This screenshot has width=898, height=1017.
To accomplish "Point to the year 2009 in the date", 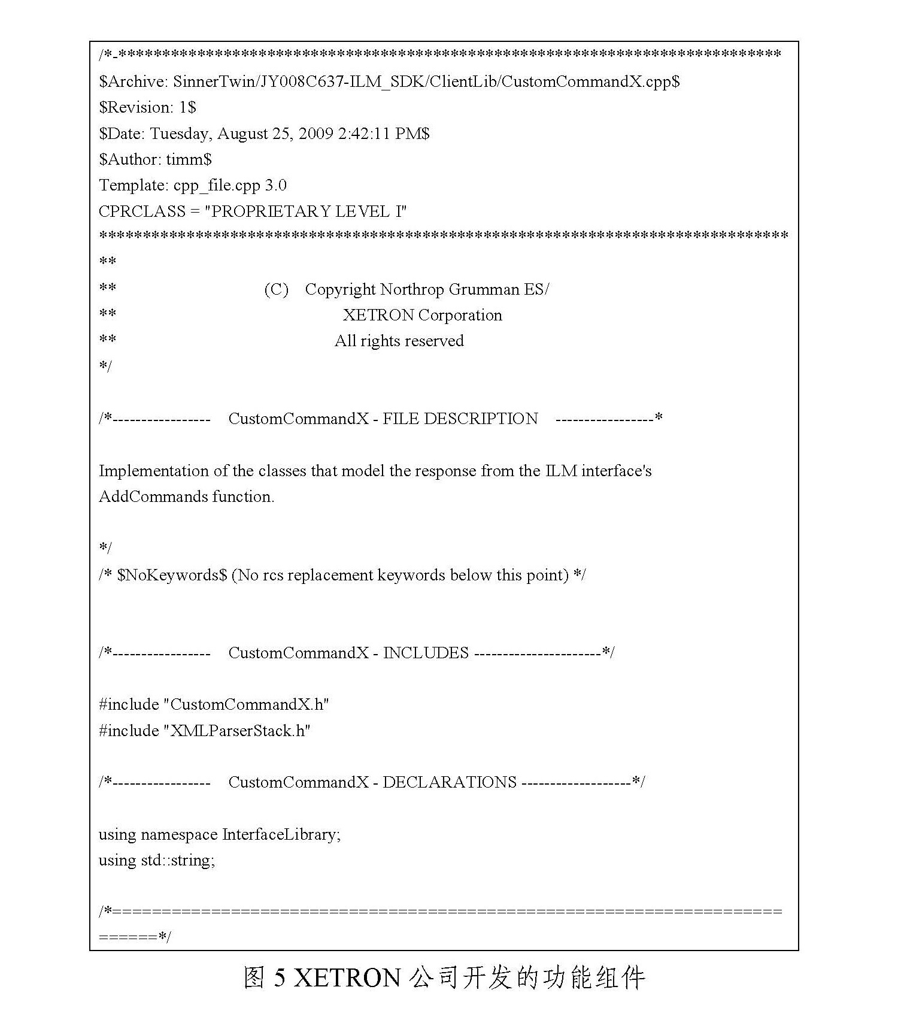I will click(315, 134).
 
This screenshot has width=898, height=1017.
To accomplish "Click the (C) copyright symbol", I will click(276, 290).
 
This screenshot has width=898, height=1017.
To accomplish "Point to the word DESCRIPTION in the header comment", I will click(481, 419).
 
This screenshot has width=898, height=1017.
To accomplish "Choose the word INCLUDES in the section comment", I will click(426, 653).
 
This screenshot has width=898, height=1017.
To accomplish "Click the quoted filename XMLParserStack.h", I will click(237, 731).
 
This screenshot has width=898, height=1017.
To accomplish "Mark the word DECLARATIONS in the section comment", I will click(449, 783).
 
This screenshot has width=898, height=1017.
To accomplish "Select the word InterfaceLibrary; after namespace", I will click(281, 834).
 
